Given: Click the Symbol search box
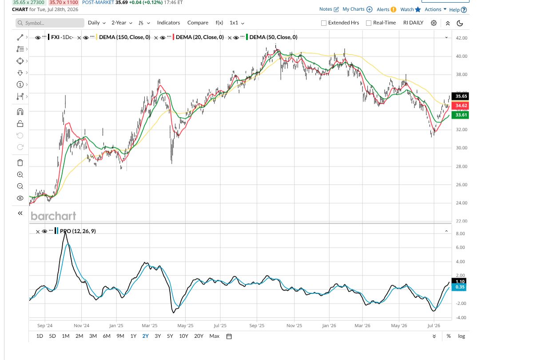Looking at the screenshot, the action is [x=50, y=23].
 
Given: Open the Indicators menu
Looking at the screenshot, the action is [x=168, y=23].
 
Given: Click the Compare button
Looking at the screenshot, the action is [x=198, y=23].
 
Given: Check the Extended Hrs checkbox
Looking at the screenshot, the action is [x=324, y=23].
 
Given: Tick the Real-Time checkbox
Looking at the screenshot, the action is [x=369, y=23].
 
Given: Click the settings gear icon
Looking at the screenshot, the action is [x=434, y=23].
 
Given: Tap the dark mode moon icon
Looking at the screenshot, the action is [x=460, y=23].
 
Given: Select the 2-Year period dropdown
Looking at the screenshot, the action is [x=122, y=23].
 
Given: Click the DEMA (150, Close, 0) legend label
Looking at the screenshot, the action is [x=124, y=37].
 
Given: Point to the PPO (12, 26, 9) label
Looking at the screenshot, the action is [x=78, y=231].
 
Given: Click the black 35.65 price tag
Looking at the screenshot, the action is [x=460, y=96].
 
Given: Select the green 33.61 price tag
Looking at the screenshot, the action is [x=460, y=115].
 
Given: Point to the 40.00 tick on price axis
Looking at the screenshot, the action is [x=461, y=56].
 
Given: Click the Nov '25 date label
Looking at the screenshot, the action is [x=294, y=326].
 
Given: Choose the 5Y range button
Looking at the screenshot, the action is [x=170, y=336].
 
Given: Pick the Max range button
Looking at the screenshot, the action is [x=215, y=336].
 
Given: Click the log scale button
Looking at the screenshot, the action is [x=461, y=336].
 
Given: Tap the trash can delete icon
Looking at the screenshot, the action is [x=20, y=162].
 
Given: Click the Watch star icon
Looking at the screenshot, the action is [x=418, y=10].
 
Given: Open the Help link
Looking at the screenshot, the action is [x=458, y=10].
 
